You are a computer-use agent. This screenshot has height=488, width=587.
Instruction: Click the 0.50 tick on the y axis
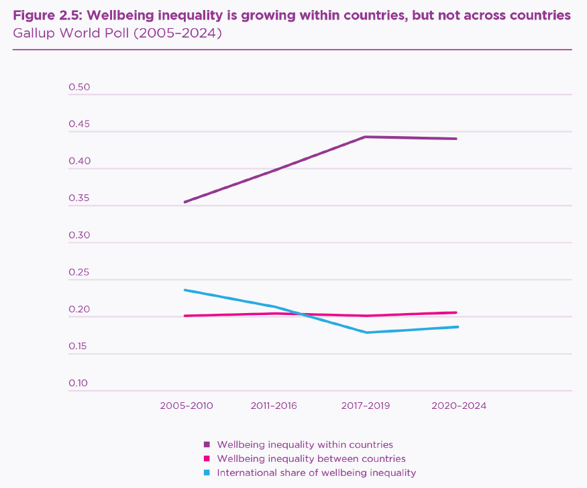[x=79, y=88]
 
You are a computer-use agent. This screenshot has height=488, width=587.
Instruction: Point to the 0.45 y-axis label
[x=79, y=125]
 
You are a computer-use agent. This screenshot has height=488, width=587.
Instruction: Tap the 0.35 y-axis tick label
[x=79, y=199]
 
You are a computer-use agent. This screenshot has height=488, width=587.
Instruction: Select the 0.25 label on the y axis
[x=79, y=273]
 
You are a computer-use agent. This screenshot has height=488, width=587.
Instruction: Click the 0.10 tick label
[x=79, y=383]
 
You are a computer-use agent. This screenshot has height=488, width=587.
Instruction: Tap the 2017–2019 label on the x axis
[x=365, y=406]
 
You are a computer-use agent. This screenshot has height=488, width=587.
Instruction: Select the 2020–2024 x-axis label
[x=459, y=406]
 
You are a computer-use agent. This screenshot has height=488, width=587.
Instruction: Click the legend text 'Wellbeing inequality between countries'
[x=311, y=459]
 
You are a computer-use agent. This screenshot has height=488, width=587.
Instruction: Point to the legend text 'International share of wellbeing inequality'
[x=317, y=473]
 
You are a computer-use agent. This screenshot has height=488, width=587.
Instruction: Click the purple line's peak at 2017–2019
[x=365, y=137]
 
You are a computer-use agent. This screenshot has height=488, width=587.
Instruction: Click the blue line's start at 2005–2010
[x=184, y=290]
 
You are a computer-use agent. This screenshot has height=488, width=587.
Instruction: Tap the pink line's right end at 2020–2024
[x=457, y=312]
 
